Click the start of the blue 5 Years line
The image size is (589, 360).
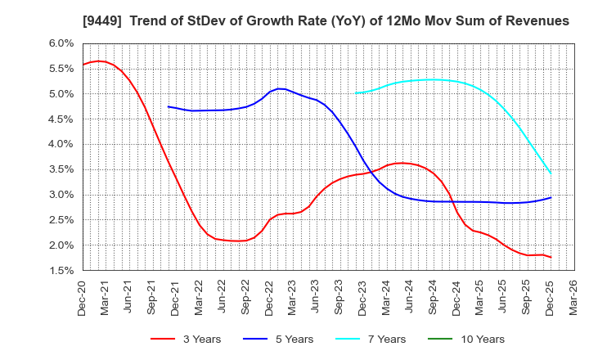(169, 106)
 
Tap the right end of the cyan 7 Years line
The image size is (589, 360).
(551, 173)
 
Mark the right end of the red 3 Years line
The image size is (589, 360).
(551, 257)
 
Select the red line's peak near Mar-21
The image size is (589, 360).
(98, 61)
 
